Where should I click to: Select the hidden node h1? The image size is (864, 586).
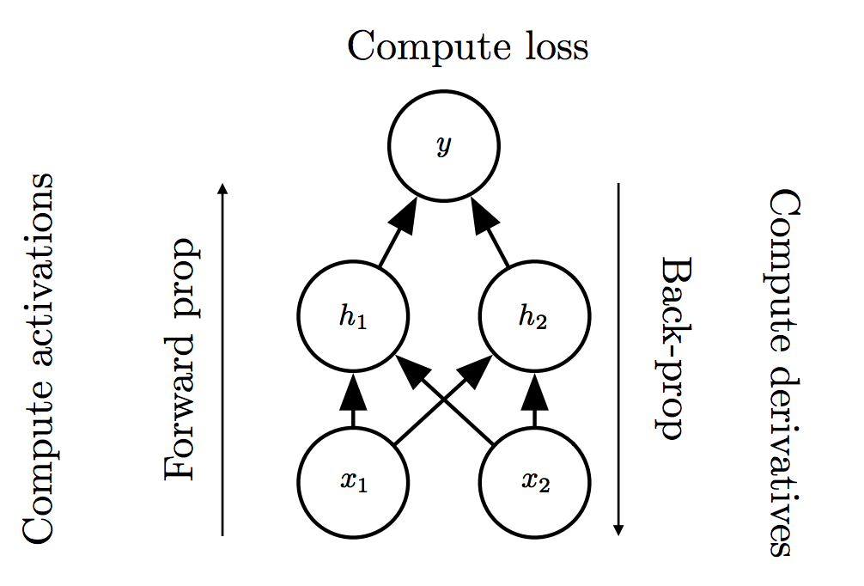353,318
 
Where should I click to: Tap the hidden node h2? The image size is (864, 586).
533,318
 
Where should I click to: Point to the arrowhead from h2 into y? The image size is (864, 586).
480,217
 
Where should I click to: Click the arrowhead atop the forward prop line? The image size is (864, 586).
223,189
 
